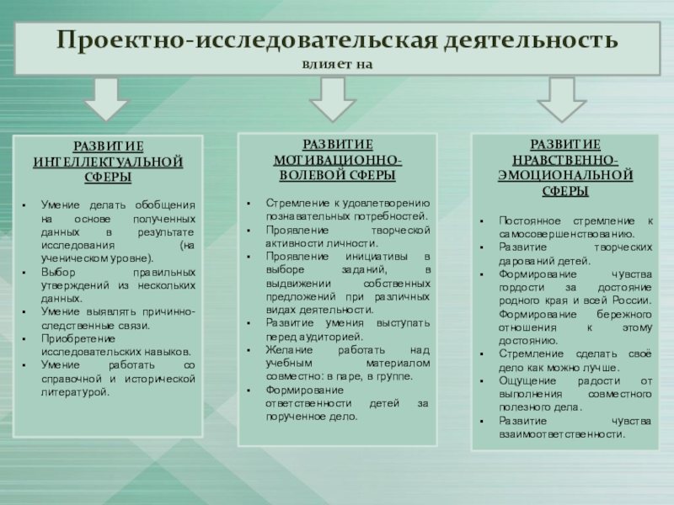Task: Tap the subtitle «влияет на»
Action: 337,64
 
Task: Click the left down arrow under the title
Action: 106,99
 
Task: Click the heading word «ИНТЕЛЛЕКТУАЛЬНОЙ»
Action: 107,162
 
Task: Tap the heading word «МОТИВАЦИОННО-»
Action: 337,160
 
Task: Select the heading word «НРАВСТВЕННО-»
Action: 565,160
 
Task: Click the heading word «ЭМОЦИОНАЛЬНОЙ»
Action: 565,176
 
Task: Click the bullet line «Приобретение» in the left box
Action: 76,338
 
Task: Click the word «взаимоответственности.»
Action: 562,434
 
